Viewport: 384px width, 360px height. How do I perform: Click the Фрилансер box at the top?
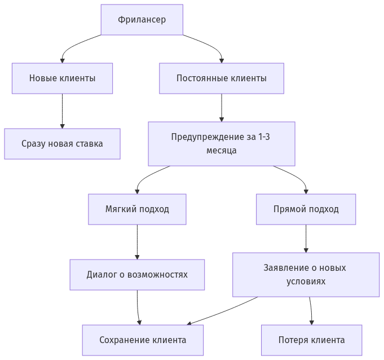point(142,20)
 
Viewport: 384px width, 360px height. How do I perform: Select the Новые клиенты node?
point(62,78)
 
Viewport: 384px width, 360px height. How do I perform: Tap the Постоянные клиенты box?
point(221,78)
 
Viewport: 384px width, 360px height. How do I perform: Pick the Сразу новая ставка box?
point(62,143)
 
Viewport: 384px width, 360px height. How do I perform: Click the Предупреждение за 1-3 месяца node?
point(221,143)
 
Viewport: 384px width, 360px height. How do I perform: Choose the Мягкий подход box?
point(137,209)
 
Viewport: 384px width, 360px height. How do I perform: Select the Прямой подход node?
point(306,209)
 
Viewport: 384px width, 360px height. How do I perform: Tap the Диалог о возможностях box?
point(137,274)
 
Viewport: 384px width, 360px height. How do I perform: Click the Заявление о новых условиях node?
point(306,274)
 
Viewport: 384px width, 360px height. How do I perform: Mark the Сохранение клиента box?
point(143,340)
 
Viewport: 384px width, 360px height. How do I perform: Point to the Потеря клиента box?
point(311,340)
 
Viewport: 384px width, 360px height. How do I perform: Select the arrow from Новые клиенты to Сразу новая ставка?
point(62,111)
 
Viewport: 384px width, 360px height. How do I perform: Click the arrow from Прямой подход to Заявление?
point(306,238)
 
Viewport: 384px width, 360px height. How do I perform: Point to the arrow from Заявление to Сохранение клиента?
point(226,310)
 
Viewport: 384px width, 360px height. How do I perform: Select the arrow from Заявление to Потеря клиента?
point(311,310)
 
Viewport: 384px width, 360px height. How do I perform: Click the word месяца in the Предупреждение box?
point(221,151)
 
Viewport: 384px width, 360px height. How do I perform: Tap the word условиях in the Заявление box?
point(306,281)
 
